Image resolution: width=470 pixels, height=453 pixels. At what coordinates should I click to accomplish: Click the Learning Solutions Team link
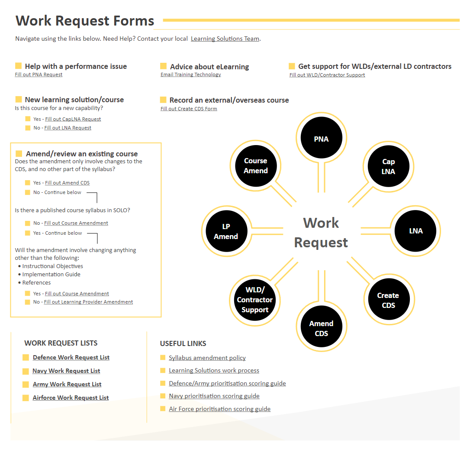point(225,39)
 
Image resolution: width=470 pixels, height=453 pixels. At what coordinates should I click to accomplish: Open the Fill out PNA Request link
point(39,74)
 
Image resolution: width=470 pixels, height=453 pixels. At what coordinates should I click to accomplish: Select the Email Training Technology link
point(190,74)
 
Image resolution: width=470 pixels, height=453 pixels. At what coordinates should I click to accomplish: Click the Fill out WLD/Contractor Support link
point(327,75)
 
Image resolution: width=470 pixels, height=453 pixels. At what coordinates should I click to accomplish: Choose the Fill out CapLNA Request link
point(73,119)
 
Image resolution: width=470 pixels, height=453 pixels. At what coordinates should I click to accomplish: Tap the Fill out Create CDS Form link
point(189,109)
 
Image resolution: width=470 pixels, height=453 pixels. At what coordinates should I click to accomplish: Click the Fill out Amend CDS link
point(67,183)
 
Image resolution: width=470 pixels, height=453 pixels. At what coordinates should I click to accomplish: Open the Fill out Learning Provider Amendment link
point(88,302)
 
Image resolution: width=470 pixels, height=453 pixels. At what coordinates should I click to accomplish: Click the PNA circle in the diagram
point(321,138)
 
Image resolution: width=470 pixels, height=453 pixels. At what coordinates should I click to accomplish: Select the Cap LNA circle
point(389,166)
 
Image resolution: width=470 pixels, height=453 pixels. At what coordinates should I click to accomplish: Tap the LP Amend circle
point(227,231)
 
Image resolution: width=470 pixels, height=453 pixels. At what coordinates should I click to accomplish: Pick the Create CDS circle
point(389,299)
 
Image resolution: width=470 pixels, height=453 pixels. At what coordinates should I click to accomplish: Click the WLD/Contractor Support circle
point(255,300)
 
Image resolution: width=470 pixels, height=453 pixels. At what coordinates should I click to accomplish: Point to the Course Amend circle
point(256,165)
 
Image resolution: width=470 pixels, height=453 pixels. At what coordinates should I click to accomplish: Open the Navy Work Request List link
point(66,371)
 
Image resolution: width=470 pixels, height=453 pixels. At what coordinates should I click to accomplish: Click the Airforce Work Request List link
point(71,398)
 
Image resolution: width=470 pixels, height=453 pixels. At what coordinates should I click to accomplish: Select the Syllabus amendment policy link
point(207,358)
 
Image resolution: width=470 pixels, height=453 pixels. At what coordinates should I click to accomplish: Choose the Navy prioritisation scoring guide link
point(214,396)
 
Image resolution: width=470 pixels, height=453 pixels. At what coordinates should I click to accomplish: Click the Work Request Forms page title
point(85,21)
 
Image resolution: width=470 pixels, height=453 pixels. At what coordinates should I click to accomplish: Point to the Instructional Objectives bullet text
point(53,266)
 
